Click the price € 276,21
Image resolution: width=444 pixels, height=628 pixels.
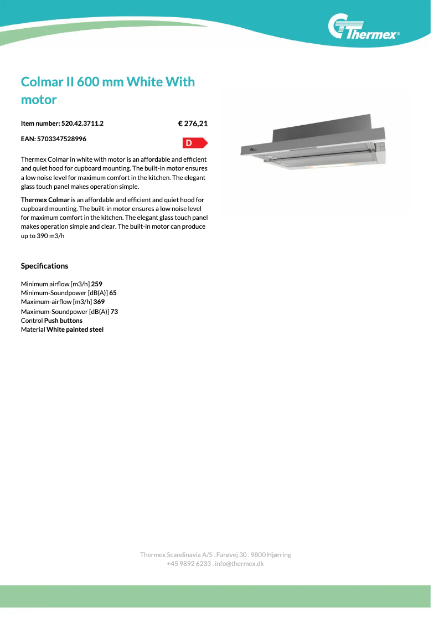point(193,123)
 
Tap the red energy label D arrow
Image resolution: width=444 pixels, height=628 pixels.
point(194,143)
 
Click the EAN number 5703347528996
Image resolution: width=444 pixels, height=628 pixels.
point(61,138)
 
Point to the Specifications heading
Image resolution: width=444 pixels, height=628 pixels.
point(44,266)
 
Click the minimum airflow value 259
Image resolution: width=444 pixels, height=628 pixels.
point(97,284)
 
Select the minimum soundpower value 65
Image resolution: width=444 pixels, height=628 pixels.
point(113,292)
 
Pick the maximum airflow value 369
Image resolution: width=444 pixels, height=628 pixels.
point(99,302)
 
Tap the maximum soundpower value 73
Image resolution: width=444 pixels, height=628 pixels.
point(114,311)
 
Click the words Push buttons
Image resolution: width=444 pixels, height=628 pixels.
point(63,320)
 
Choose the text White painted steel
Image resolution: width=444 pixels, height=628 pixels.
point(75,330)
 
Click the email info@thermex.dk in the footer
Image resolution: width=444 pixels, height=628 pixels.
point(239,563)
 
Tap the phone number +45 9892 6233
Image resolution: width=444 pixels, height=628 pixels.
point(189,563)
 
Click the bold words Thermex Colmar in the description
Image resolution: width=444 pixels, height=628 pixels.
point(45,199)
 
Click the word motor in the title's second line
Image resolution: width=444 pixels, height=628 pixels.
point(39,100)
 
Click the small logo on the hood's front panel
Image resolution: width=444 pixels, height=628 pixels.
point(253,148)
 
